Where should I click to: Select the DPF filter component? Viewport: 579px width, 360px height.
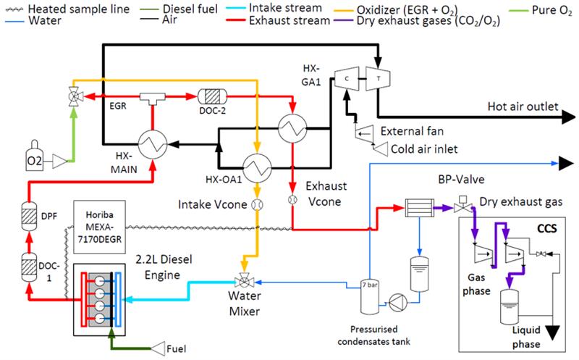pyautogui.click(x=30, y=214)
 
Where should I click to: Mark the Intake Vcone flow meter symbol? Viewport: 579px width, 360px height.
pyautogui.click(x=255, y=206)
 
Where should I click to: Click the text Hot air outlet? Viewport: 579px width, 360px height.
pyautogui.click(x=520, y=107)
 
